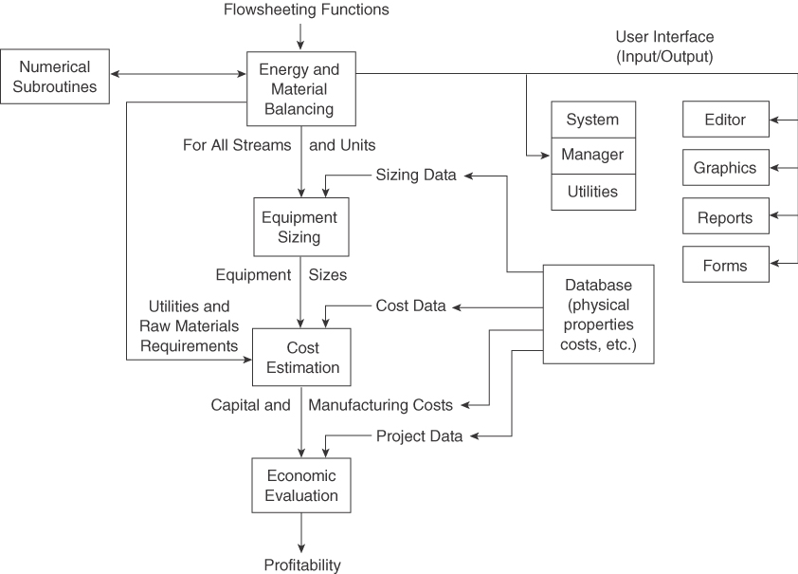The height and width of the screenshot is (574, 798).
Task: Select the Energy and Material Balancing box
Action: point(299,89)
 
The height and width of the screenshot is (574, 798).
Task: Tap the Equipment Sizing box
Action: point(299,227)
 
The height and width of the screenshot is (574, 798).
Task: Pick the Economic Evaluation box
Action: point(301,485)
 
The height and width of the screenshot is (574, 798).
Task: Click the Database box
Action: point(598,315)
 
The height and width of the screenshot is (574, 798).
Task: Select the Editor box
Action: point(725,120)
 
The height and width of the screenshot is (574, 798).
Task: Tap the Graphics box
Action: point(725,168)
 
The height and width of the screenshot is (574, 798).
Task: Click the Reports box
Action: point(725,217)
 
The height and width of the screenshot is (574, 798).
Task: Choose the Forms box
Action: point(725,266)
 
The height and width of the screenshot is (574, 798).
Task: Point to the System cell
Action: point(593,120)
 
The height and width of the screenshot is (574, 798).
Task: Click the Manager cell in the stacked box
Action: point(593,156)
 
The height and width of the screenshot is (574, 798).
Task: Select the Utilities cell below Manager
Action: point(593,192)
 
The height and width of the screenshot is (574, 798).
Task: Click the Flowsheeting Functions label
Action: point(305,10)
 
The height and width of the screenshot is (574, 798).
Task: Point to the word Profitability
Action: point(301,565)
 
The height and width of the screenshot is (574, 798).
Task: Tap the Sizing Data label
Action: point(416,175)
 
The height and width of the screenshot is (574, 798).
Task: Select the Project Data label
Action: point(420,436)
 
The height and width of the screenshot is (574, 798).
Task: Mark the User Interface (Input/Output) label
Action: point(664,46)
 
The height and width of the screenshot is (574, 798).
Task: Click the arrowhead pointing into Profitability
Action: point(301,547)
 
